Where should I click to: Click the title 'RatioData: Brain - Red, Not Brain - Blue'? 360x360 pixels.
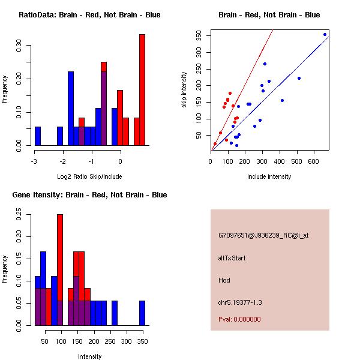tap(89, 14)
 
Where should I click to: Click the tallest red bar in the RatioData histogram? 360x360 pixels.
tap(142, 90)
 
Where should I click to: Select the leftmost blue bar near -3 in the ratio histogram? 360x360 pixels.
tap(38, 136)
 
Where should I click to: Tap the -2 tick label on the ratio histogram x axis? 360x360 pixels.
tap(62, 161)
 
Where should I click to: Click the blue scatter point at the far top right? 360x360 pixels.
tap(325, 34)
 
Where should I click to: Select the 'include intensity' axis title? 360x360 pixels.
tap(269, 176)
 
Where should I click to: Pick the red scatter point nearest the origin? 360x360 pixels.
tap(215, 144)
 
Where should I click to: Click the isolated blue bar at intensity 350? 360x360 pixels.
tap(142, 313)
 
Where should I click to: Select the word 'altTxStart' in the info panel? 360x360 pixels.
tap(232, 258)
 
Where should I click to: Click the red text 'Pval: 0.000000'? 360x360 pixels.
tap(239, 319)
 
